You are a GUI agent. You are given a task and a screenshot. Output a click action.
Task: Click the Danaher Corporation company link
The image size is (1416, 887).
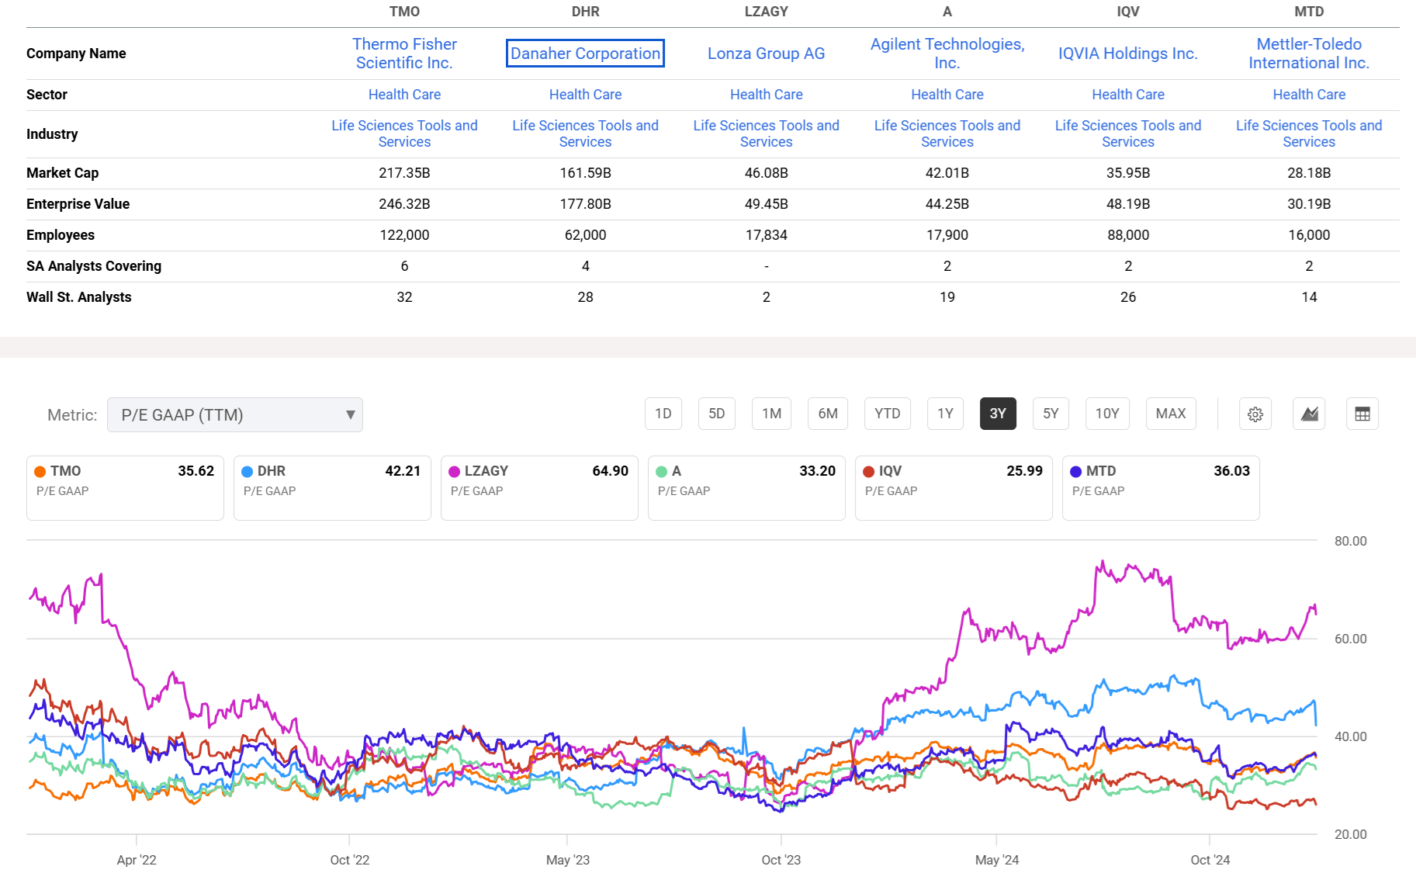click(x=585, y=54)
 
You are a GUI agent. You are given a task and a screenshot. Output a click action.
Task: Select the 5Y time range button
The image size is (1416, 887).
click(x=1051, y=414)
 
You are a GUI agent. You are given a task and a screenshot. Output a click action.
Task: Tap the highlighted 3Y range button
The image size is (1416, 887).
click(x=998, y=414)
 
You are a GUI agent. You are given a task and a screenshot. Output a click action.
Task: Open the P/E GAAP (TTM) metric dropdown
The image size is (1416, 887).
click(x=234, y=415)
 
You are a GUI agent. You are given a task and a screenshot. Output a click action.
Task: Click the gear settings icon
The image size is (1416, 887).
click(x=1255, y=414)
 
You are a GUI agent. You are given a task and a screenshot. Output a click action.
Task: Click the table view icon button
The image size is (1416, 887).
click(x=1362, y=414)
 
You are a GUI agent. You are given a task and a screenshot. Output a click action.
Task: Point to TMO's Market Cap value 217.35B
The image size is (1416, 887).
click(x=404, y=173)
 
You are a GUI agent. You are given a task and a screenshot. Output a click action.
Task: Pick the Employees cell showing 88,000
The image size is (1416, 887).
click(x=1127, y=235)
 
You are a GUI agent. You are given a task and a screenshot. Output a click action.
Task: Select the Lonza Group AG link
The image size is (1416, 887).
click(x=766, y=54)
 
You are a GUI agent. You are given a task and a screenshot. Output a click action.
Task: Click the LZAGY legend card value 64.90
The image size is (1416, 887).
click(x=610, y=471)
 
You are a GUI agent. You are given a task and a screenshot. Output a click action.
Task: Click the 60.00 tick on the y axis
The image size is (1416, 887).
click(x=1350, y=639)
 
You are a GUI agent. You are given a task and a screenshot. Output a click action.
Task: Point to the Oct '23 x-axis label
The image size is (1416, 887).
click(x=781, y=860)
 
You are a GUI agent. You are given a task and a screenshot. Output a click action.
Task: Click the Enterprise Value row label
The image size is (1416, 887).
click(x=78, y=204)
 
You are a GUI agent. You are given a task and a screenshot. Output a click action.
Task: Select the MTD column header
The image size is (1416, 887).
click(x=1308, y=12)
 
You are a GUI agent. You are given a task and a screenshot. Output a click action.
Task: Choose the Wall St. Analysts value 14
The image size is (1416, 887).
click(x=1308, y=297)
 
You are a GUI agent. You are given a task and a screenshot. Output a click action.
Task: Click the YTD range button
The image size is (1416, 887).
click(x=887, y=414)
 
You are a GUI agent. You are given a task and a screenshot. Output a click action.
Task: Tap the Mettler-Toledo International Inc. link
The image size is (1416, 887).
click(x=1308, y=54)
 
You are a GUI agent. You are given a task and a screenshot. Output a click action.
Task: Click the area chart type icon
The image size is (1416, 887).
click(x=1309, y=414)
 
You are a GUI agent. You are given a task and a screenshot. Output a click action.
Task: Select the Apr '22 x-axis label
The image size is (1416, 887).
click(x=137, y=860)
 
